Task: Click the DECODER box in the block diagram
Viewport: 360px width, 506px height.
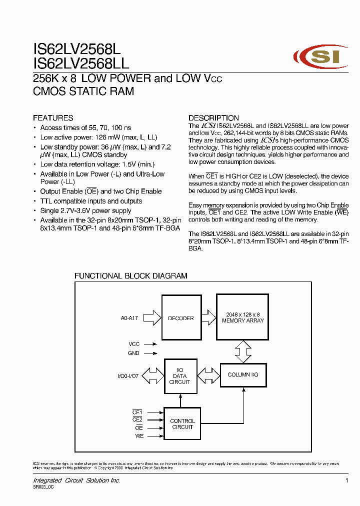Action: tap(181, 318)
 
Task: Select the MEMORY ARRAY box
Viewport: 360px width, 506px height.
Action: tap(242, 317)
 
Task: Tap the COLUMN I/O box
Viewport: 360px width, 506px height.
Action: tap(243, 374)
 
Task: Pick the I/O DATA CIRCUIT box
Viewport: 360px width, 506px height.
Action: tap(180, 375)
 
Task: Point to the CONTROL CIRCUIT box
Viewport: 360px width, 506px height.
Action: tap(182, 424)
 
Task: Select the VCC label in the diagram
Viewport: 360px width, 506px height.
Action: tap(134, 344)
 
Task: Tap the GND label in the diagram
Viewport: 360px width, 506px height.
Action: tap(134, 353)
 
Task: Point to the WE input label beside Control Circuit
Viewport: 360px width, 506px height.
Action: tap(139, 436)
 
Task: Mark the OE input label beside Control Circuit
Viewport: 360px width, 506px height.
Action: tap(139, 428)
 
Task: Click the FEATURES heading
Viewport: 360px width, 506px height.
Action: tap(53, 118)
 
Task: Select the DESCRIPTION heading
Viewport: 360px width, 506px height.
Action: tap(213, 118)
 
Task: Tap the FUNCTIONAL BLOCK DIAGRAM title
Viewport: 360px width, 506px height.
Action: tap(131, 275)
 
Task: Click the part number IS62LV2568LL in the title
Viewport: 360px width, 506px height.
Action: tap(81, 63)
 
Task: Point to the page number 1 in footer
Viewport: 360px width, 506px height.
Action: tap(346, 480)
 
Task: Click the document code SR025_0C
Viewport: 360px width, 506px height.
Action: tap(43, 487)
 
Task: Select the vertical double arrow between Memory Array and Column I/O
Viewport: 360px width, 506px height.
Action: tap(243, 352)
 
